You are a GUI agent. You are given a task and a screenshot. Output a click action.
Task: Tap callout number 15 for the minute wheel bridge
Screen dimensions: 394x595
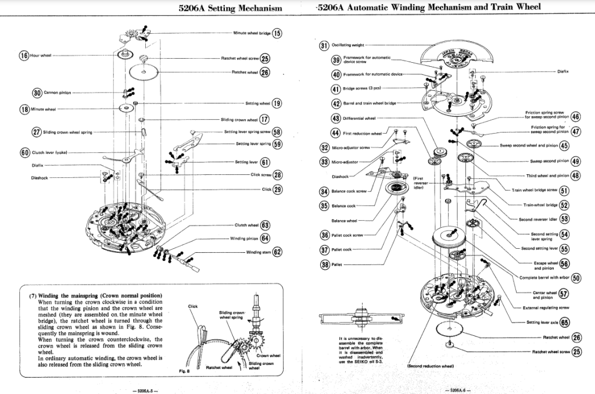point(277,33)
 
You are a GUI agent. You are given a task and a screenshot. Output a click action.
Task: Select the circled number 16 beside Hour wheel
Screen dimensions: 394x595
point(24,56)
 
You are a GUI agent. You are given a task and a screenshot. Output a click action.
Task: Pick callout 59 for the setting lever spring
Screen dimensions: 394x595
point(277,144)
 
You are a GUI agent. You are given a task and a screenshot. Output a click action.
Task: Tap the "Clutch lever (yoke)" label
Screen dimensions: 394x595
point(53,153)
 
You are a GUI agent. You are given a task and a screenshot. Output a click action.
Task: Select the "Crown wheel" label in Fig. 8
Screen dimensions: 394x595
point(268,355)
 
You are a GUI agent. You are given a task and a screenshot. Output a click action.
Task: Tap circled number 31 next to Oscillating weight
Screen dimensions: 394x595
point(324,45)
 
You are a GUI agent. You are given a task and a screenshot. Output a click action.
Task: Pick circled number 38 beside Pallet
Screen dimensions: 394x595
point(324,264)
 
